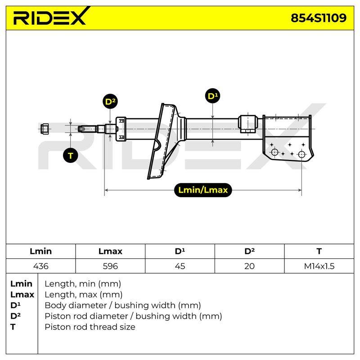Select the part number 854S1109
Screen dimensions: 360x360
pyautogui.click(x=319, y=18)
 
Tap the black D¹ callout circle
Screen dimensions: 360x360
pyautogui.click(x=212, y=96)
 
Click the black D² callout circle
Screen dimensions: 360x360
pyautogui.click(x=110, y=101)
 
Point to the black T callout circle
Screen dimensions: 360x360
pyautogui.click(x=71, y=156)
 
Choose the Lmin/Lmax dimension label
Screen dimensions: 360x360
pyautogui.click(x=203, y=190)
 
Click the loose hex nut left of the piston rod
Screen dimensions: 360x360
pyautogui.click(x=45, y=129)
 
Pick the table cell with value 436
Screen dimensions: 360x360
pyautogui.click(x=41, y=266)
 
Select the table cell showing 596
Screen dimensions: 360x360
pyautogui.click(x=110, y=266)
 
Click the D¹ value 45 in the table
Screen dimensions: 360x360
pyautogui.click(x=180, y=266)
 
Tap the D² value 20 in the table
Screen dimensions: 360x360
pyautogui.click(x=249, y=266)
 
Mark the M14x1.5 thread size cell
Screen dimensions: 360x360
pyautogui.click(x=319, y=266)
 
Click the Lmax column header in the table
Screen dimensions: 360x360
pyautogui.click(x=110, y=251)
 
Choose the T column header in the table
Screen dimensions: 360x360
pyautogui.click(x=319, y=251)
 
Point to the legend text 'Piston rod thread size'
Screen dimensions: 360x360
pyautogui.click(x=90, y=327)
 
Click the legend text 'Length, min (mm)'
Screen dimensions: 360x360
pyautogui.click(x=83, y=284)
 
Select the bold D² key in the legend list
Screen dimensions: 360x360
pyautogui.click(x=15, y=316)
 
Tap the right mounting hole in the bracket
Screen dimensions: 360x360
pyautogui.click(x=301, y=154)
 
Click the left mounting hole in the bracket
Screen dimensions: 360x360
pyautogui.click(x=274, y=152)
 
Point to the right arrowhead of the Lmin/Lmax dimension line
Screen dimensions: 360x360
pyautogui.click(x=300, y=190)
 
